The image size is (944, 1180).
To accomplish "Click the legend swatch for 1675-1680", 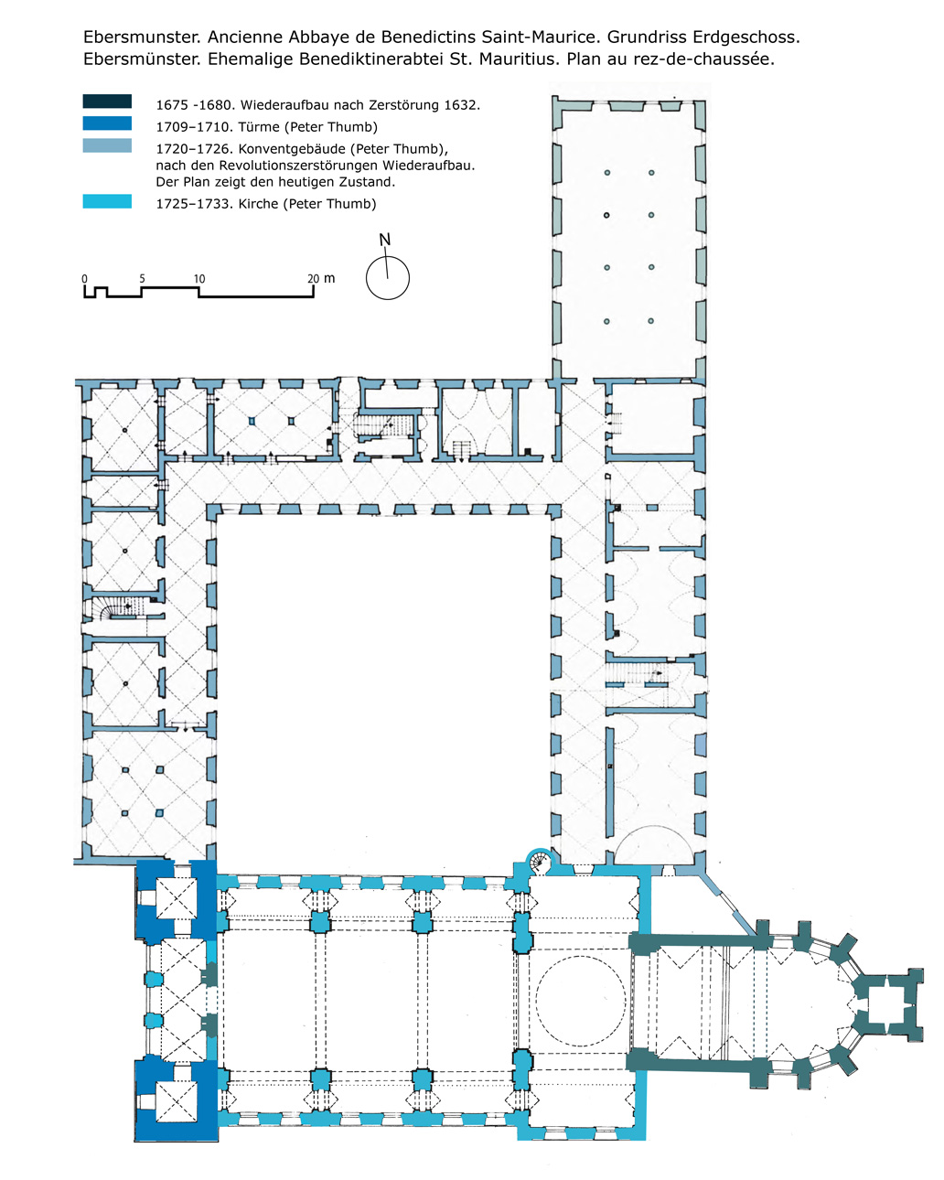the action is pyautogui.click(x=107, y=102).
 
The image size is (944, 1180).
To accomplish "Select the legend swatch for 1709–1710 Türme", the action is pyautogui.click(x=107, y=123).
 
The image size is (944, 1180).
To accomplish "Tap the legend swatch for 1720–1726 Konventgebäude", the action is pyautogui.click(x=107, y=145).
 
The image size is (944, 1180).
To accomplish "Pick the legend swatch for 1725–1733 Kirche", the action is pyautogui.click(x=107, y=201).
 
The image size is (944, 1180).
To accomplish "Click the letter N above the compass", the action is pyautogui.click(x=384, y=240).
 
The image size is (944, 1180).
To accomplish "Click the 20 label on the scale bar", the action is pyautogui.click(x=313, y=279).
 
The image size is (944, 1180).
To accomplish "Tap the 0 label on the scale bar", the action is pyautogui.click(x=84, y=279).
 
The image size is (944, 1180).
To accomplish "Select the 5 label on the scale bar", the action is pyautogui.click(x=142, y=279).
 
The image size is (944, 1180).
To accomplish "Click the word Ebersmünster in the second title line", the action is pyautogui.click(x=142, y=59).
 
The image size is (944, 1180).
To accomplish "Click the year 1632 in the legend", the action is pyautogui.click(x=463, y=104).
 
